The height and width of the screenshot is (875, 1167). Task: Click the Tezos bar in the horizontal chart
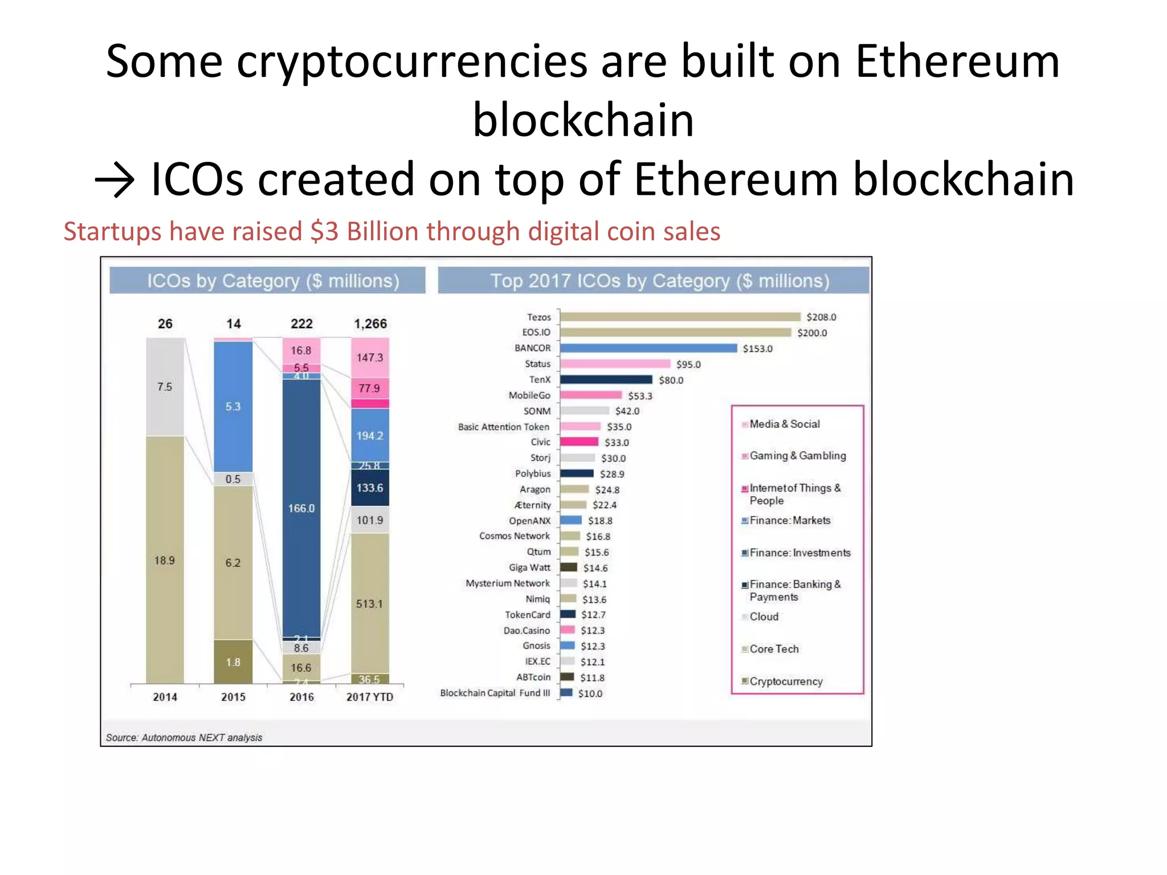pos(680,317)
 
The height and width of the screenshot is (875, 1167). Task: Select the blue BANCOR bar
pos(648,348)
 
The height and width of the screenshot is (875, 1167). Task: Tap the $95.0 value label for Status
pos(688,365)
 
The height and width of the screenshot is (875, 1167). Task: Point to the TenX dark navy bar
pos(606,379)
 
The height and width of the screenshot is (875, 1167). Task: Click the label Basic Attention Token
pos(503,427)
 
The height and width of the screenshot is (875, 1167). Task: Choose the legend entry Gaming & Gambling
pos(797,456)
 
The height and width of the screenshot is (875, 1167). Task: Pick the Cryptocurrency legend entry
pos(786,681)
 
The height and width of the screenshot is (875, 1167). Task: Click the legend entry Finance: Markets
pos(790,521)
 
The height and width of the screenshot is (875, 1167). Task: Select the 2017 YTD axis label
pos(370,697)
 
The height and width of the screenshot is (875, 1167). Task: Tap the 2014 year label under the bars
pos(165,697)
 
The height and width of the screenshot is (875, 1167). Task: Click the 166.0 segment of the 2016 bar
pos(301,508)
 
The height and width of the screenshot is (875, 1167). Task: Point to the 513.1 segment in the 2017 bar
pos(370,604)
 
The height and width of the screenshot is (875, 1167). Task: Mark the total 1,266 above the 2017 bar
pos(370,324)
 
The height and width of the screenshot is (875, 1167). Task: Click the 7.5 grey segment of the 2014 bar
pos(165,387)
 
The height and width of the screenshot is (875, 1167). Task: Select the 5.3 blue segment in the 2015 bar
pos(233,407)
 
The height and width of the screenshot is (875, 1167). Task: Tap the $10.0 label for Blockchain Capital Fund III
pos(590,693)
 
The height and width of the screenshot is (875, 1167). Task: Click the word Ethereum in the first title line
pos(957,62)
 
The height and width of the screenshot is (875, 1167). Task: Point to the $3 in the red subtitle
pos(325,232)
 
